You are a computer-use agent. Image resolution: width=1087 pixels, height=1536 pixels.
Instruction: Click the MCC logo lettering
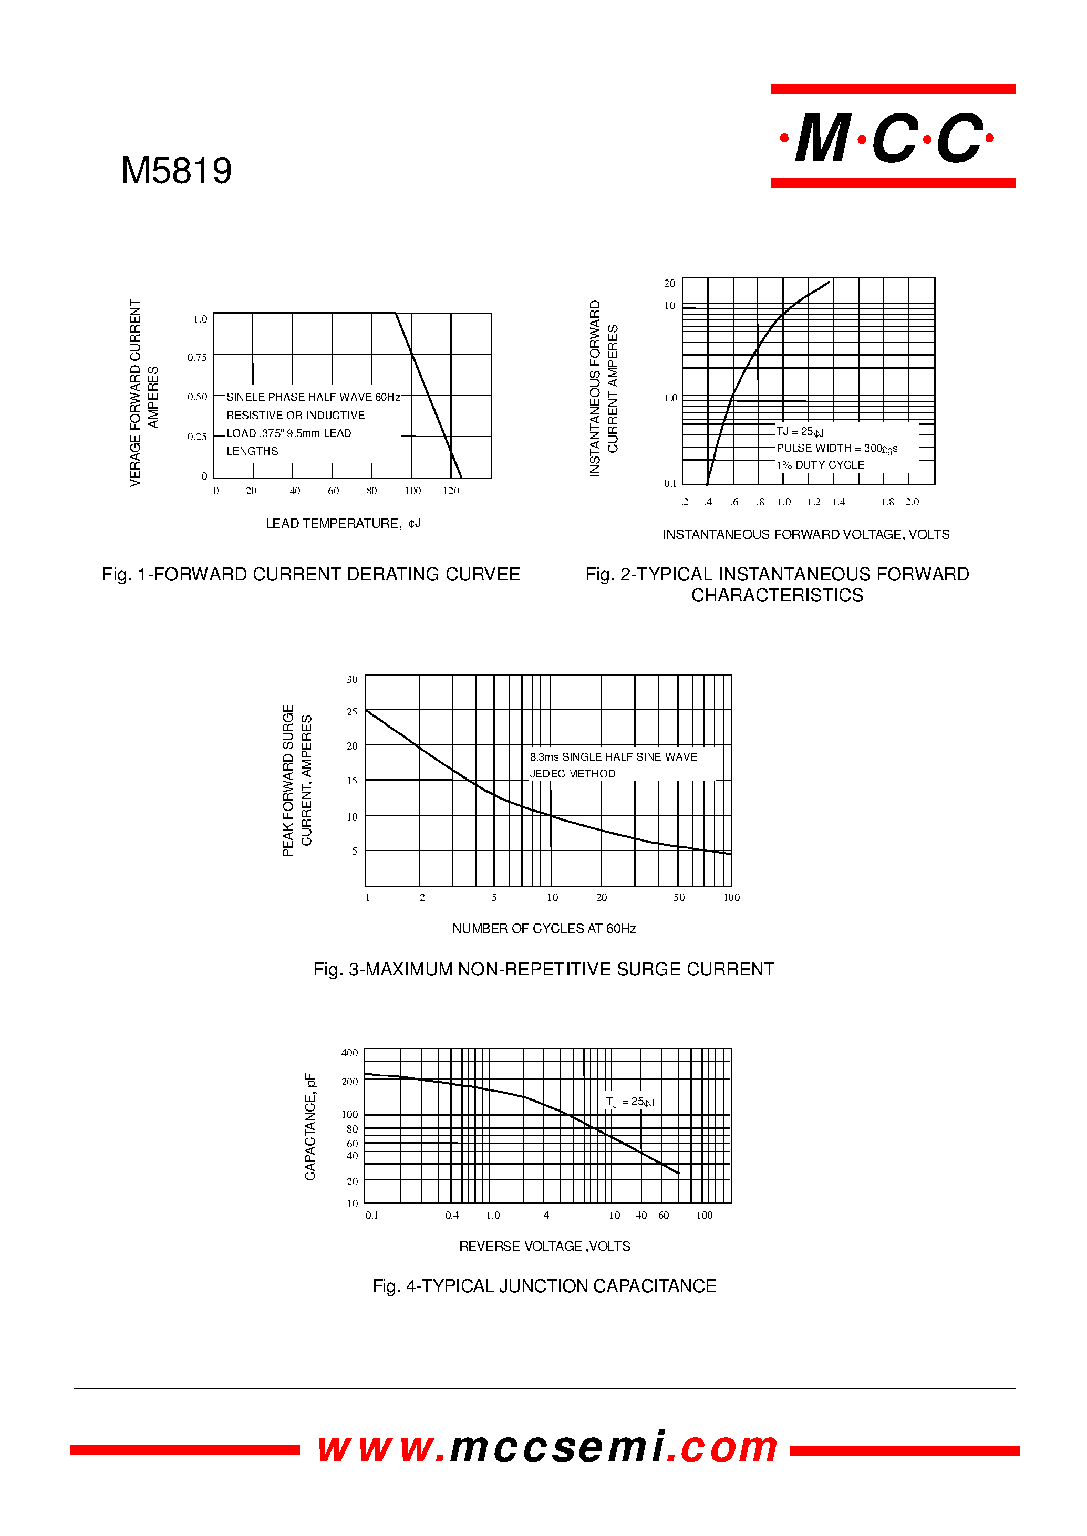point(889,139)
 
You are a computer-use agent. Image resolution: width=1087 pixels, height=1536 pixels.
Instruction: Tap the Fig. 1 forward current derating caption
point(310,574)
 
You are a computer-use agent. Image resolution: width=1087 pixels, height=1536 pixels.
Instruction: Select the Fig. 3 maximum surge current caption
point(543,969)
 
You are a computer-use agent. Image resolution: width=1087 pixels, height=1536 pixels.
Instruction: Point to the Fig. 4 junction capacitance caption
point(544,1285)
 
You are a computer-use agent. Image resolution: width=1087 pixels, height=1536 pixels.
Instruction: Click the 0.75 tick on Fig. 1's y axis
point(198,357)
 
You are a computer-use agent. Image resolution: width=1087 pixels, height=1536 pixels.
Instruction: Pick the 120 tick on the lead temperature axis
point(451,491)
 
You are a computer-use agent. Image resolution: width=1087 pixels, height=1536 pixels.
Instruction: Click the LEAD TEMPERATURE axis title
point(343,523)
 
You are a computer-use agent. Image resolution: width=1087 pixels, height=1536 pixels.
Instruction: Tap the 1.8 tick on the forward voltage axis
point(887,502)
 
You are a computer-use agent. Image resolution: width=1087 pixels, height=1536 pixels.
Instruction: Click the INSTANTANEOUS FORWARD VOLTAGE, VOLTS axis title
point(806,534)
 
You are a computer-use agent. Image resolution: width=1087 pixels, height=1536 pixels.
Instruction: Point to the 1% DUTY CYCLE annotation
point(820,464)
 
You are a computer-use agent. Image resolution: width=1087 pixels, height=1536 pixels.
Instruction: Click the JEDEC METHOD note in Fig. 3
point(572,774)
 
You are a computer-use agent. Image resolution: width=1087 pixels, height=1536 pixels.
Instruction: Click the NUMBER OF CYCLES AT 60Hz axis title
point(543,928)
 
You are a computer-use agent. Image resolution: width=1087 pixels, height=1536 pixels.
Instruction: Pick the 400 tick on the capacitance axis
point(349,1053)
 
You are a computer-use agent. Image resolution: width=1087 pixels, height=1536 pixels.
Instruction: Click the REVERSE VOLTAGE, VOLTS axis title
point(544,1246)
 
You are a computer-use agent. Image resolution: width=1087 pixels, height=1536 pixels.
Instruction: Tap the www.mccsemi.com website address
point(547,1447)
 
